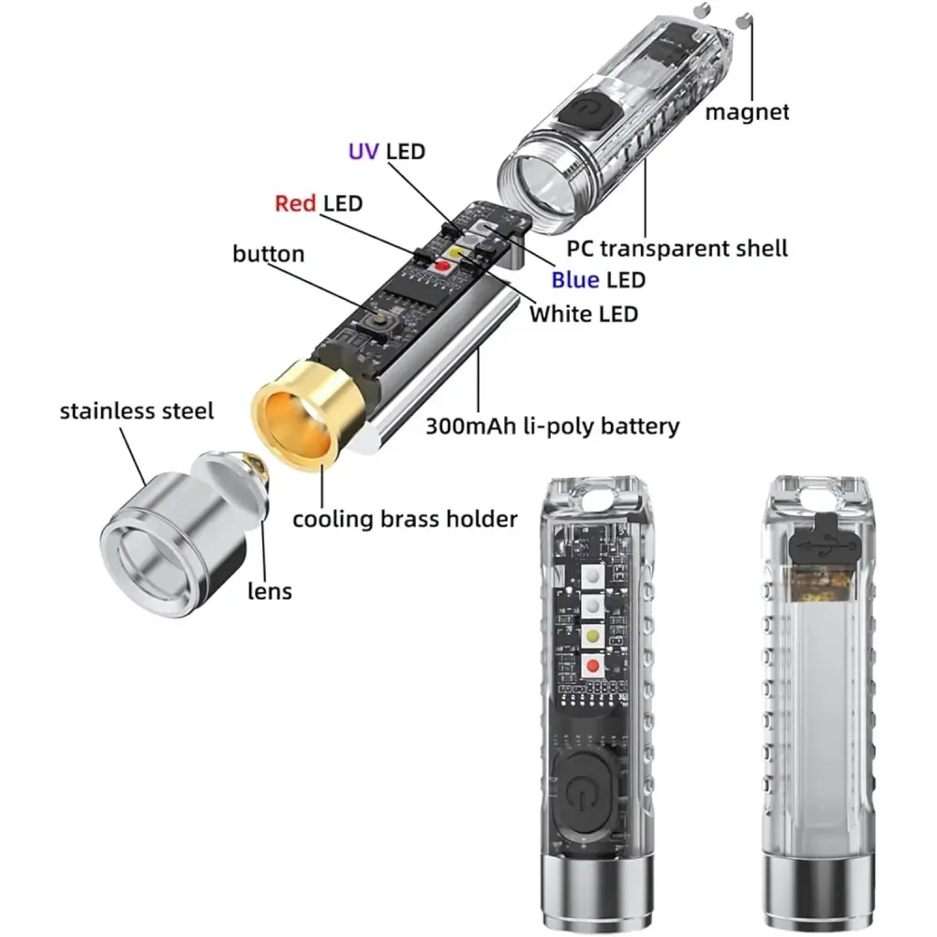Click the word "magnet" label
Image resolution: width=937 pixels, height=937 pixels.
pos(747,112)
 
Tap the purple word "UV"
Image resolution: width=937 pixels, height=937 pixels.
pos(364,152)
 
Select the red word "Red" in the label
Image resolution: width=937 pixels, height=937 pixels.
pos(295,203)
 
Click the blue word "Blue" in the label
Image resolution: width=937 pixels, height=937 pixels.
pos(575,279)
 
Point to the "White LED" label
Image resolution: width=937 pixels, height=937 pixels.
pos(584,314)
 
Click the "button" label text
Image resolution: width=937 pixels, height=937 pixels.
pos(268,254)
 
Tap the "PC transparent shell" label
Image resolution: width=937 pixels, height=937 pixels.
pos(677,248)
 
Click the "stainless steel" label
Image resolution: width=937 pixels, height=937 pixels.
pos(136,411)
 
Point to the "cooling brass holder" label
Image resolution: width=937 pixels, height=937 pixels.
pos(405,519)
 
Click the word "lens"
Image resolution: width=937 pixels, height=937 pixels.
pos(270,591)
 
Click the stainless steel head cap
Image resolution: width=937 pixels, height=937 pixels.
pos(174,542)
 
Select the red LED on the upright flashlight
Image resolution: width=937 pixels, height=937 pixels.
pos(593,665)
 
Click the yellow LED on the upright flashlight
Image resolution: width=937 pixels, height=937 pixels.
pos(593,636)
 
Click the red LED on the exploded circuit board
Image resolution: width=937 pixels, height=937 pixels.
pos(442,265)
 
